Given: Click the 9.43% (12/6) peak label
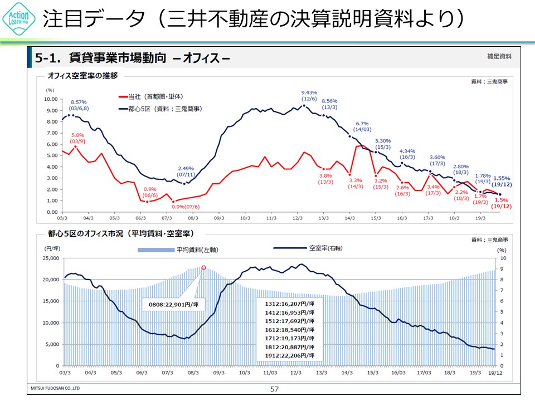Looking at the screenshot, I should [x=309, y=96].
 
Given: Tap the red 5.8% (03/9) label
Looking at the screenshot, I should [x=77, y=138].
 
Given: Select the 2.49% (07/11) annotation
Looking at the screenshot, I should [x=186, y=172].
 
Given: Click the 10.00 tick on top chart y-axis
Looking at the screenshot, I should [x=51, y=99].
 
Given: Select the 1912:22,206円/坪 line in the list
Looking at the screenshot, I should [x=289, y=355].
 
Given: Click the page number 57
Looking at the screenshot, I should [x=274, y=389].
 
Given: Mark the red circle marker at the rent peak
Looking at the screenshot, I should [x=203, y=267].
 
